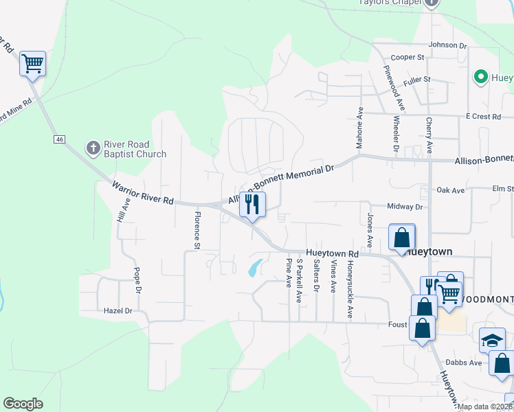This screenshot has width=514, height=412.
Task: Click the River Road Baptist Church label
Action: [135, 149]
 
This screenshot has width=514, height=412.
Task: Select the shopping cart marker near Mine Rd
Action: [32, 64]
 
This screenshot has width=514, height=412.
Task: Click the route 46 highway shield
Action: [60, 139]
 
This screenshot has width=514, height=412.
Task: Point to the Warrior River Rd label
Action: [142, 192]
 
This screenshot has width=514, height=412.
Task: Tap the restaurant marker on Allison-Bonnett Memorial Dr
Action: [252, 204]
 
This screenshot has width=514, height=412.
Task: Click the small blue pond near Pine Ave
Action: [254, 268]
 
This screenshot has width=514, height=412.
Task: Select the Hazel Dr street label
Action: [118, 311]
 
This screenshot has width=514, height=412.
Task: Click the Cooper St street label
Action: [407, 58]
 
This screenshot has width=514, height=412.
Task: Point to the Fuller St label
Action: [416, 80]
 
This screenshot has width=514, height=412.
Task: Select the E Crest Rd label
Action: [482, 117]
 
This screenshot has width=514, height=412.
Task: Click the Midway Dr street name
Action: [405, 207]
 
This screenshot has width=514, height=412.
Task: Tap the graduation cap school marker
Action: [492, 339]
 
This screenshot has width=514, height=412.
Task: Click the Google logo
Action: [23, 404]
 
